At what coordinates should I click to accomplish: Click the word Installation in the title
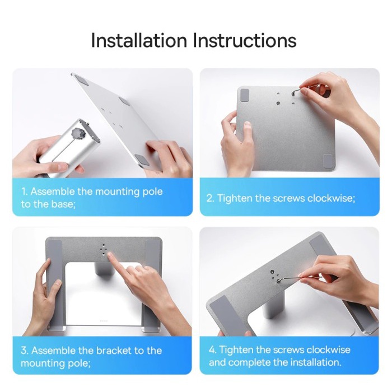tap(139, 40)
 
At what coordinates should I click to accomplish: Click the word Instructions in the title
tap(245, 40)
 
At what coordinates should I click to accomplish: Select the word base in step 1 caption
tap(62, 204)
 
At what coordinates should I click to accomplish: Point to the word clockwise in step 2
tap(330, 198)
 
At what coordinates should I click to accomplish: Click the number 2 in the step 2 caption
tap(209, 198)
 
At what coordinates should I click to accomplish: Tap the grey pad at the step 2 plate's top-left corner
tap(245, 95)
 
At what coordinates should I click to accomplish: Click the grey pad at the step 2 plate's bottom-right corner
tap(328, 161)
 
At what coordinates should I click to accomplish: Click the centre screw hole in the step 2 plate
tap(278, 103)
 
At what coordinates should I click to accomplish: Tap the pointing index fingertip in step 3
tap(110, 255)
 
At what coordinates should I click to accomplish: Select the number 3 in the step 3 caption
tap(24, 351)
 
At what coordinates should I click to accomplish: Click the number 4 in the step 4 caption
tap(212, 350)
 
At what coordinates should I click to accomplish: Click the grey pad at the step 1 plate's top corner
tap(81, 80)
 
